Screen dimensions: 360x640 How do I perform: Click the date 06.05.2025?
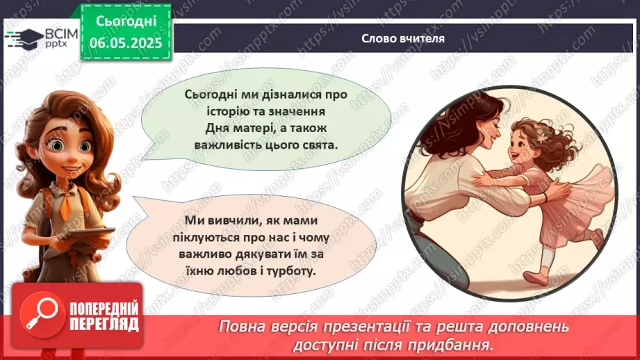point(126,43)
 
